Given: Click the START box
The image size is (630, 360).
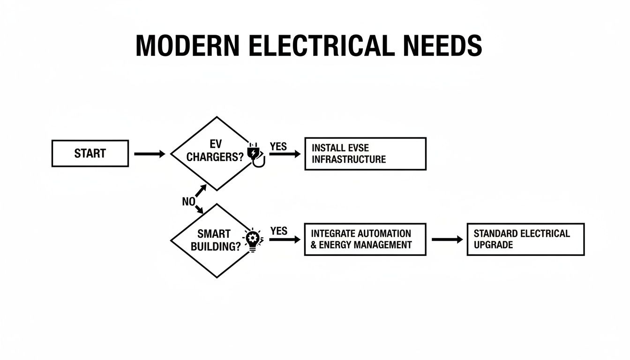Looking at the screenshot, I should (90, 153).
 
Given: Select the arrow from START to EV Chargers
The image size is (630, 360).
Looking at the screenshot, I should (150, 153).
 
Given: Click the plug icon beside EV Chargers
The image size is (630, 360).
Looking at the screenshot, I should (255, 155).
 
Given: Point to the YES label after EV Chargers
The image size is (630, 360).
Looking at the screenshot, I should (278, 146).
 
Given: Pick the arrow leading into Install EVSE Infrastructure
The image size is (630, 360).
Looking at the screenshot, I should (285, 154).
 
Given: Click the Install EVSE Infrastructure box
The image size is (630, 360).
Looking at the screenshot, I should (365, 153).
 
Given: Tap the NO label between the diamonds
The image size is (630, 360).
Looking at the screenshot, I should (188, 202).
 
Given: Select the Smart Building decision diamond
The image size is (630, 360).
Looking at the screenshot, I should (213, 240).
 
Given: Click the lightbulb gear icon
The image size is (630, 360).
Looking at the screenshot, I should (253, 240).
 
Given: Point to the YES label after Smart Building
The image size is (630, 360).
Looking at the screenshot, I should (278, 231).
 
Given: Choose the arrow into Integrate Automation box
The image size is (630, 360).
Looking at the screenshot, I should (285, 239).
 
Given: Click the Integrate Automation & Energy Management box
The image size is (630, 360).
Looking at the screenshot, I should (365, 239).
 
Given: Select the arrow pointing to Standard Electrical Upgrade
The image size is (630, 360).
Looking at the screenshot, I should (447, 239).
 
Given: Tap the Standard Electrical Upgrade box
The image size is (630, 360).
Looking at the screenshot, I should (525, 239).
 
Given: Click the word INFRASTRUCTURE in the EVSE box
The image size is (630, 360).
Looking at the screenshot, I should (349, 159).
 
